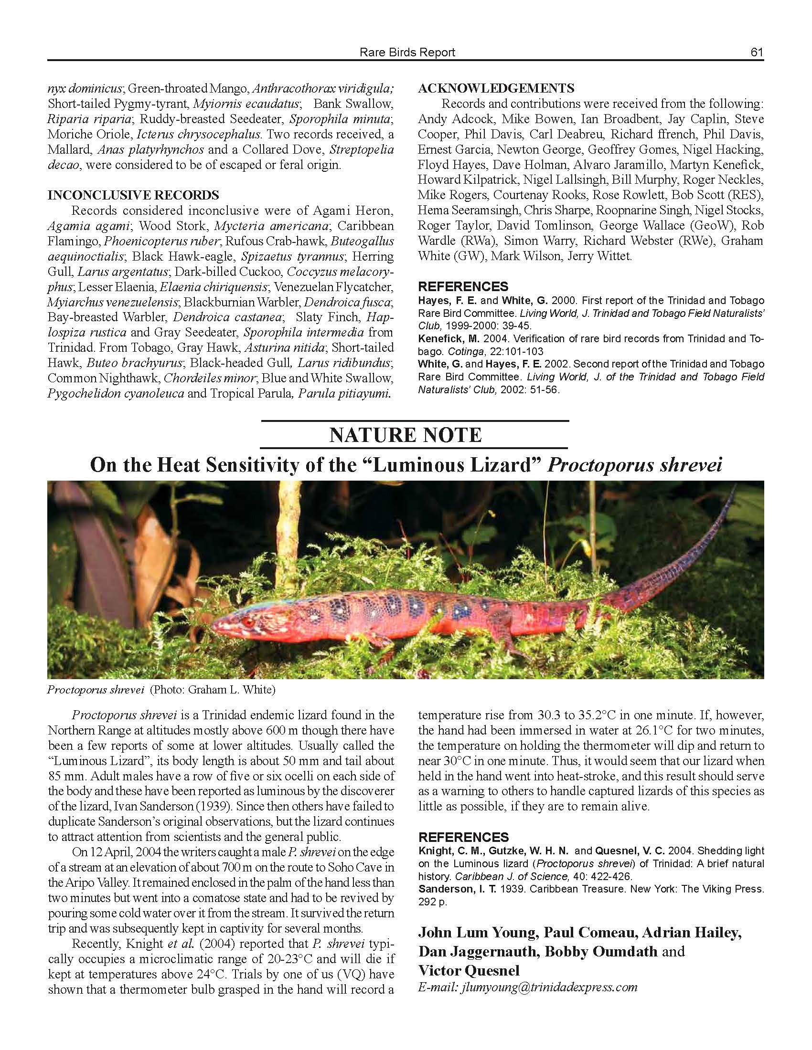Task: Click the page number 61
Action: tap(757, 52)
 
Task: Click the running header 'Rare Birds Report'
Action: tap(407, 52)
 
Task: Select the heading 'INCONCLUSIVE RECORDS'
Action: tap(133, 195)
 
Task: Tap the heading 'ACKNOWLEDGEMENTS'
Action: tap(496, 88)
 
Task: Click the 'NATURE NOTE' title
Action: tap(406, 435)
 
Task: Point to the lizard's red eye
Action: tap(249, 622)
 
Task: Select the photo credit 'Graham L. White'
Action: tap(231, 690)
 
